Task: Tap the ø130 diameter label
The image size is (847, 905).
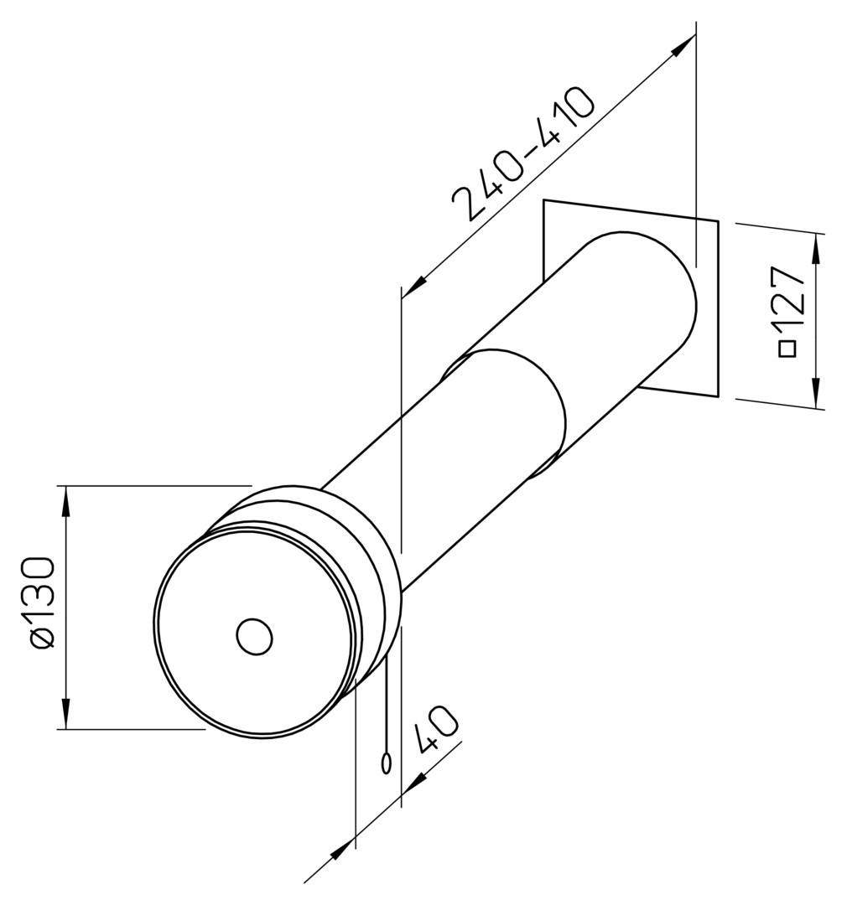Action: tap(44, 603)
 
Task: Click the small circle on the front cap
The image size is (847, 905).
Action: tap(254, 637)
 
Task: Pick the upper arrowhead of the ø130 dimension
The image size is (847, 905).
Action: tap(66, 500)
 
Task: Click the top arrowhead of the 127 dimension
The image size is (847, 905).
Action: tap(816, 247)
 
